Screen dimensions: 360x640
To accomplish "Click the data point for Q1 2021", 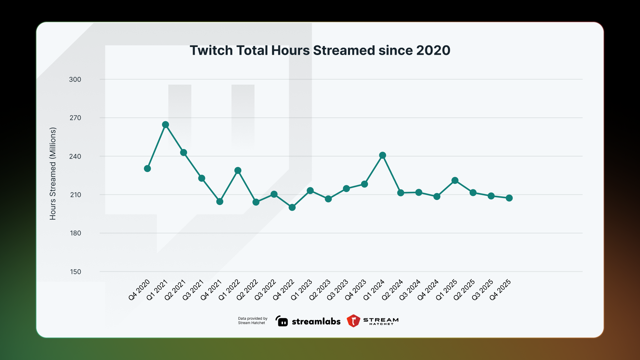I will click(x=165, y=125).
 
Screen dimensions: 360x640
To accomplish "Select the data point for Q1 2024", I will click(x=383, y=155).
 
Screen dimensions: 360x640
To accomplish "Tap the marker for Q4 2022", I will click(x=292, y=207).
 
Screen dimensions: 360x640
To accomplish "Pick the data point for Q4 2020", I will click(x=147, y=169).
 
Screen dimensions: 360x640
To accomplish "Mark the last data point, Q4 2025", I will click(x=509, y=198).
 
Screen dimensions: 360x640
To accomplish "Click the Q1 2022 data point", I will click(x=238, y=171).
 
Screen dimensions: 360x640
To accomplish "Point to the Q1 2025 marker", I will click(x=455, y=181).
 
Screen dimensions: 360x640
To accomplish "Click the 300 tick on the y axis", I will click(x=75, y=80).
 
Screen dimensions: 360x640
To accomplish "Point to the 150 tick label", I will click(x=75, y=272).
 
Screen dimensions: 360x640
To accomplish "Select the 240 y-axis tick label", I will click(x=75, y=157).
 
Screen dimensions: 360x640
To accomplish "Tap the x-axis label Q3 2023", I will click(x=337, y=290).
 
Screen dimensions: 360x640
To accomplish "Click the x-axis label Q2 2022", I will click(x=247, y=290).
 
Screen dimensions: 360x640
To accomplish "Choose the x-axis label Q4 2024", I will click(x=428, y=290).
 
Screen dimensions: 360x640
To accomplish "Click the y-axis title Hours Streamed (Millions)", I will click(x=53, y=173).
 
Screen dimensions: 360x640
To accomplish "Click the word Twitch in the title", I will click(x=211, y=51).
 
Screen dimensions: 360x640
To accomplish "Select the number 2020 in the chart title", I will click(x=433, y=51).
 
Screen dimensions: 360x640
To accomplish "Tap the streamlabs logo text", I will click(x=316, y=322).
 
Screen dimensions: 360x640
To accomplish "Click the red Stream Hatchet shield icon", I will click(x=353, y=321).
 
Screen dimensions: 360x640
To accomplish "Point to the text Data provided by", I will click(x=253, y=319).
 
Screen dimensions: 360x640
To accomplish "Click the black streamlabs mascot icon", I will click(x=282, y=321).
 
